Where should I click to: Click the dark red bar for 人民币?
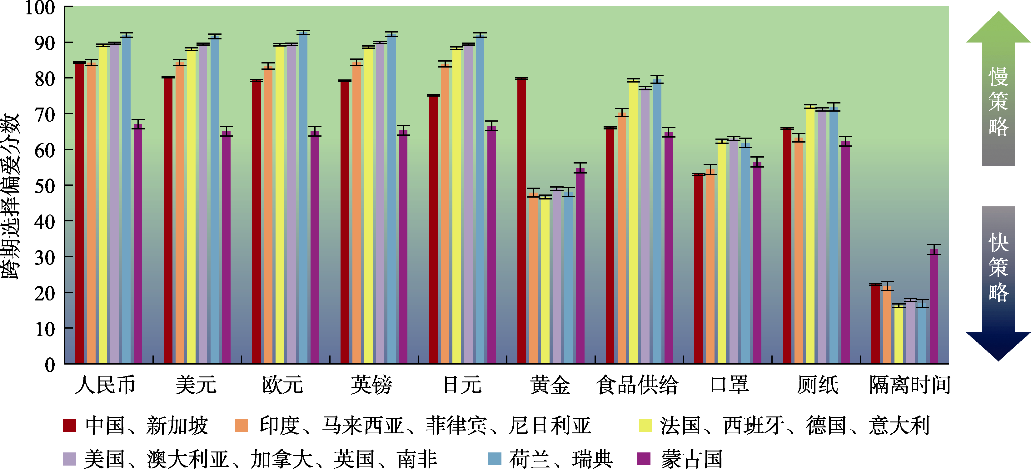tap(79, 213)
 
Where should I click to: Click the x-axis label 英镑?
tap(371, 385)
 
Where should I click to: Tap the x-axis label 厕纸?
tap(817, 385)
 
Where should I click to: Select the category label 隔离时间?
tap(909, 385)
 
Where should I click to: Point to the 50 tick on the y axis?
tap(44, 186)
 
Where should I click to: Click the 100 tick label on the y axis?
tap(40, 8)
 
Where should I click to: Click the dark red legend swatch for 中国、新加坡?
tap(70, 425)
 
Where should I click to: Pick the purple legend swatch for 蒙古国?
tap(644, 459)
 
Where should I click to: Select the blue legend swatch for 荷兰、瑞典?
tap(495, 459)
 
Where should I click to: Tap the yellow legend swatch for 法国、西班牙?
tap(645, 425)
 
